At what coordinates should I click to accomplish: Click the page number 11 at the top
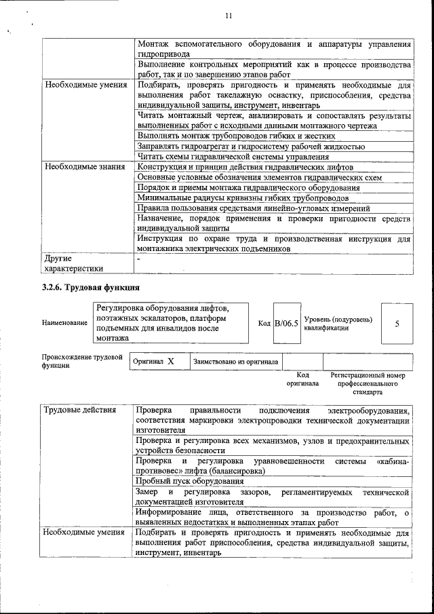(x=228, y=16)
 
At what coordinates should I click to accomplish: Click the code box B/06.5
(x=286, y=323)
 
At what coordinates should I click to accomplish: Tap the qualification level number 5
(x=397, y=323)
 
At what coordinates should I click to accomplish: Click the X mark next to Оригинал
(x=171, y=362)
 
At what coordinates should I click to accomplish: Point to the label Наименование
(x=64, y=324)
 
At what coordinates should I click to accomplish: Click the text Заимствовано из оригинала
(x=235, y=362)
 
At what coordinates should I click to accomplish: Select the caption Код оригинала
(x=302, y=379)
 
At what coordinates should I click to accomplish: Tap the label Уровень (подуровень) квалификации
(x=338, y=323)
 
